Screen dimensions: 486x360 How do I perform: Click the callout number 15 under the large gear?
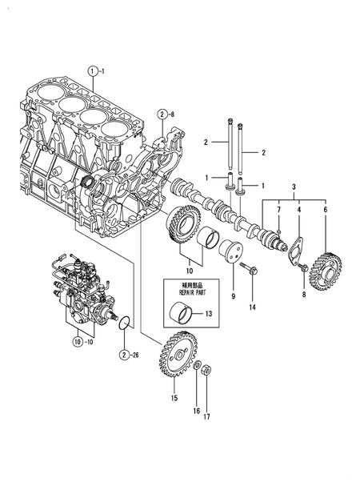(174, 396)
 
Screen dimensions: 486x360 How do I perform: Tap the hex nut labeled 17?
(205, 371)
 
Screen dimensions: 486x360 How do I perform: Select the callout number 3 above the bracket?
(293, 186)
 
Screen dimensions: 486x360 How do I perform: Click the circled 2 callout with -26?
(124, 354)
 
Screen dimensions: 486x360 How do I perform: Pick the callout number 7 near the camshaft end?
(278, 210)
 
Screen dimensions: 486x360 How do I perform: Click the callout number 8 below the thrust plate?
(304, 295)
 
